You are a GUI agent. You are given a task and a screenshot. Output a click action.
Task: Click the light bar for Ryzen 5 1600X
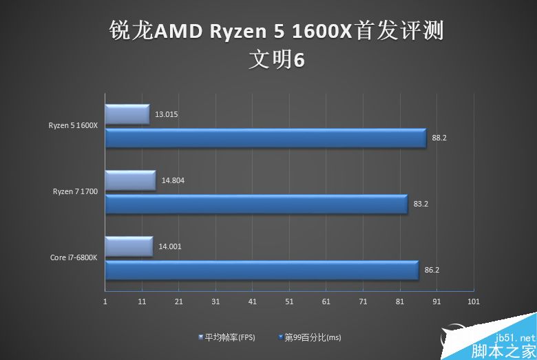pyautogui.click(x=127, y=114)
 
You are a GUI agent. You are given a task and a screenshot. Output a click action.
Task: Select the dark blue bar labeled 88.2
pyautogui.click(x=265, y=138)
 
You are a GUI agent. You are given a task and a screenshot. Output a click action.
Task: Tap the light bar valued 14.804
pyautogui.click(x=130, y=180)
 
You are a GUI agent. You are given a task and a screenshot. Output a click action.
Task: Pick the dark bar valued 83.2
pyautogui.click(x=256, y=204)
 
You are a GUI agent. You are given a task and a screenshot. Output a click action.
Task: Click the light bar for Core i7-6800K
pyautogui.click(x=129, y=246)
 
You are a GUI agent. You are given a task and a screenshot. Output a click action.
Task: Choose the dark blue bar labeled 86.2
pyautogui.click(x=262, y=270)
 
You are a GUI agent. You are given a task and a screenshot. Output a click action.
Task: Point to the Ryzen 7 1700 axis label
pyautogui.click(x=75, y=191)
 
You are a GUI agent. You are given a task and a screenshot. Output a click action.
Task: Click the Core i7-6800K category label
pyautogui.click(x=72, y=257)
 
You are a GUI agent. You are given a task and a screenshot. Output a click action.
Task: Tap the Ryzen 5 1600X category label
pyautogui.click(x=73, y=125)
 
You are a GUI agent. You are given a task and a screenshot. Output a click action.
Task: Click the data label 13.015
pyautogui.click(x=167, y=114)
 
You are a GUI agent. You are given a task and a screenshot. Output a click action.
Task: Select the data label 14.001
pyautogui.click(x=169, y=246)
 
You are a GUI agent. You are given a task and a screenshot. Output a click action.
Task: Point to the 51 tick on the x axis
pyautogui.click(x=289, y=301)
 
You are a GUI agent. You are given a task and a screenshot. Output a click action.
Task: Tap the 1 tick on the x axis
pyautogui.click(x=105, y=301)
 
